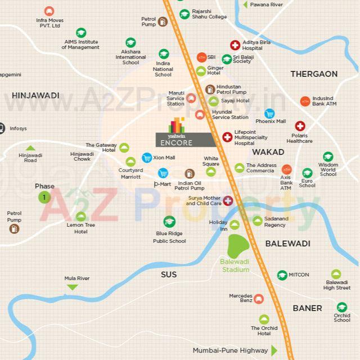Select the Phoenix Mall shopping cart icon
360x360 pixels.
coord(270,112)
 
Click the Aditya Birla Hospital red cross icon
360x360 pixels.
coord(235,46)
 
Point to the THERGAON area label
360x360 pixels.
coord(314,74)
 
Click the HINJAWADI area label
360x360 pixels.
coord(35,96)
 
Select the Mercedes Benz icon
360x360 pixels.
coord(258,299)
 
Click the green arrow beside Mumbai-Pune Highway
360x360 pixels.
coord(274,350)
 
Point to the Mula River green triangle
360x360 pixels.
coord(71,287)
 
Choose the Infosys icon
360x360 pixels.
coord(2,128)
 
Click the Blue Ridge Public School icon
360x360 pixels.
coord(169,222)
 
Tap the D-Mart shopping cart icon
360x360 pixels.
coord(163,173)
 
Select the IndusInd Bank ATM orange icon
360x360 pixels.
coord(305,102)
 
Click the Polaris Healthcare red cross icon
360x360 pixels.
coord(300,126)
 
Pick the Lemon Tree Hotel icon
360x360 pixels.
coord(81,217)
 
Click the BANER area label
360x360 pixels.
coord(307,308)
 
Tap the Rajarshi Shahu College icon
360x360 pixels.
coord(184,15)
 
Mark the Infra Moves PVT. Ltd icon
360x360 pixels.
coord(49,11)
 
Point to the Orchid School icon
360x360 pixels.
coord(341,307)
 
